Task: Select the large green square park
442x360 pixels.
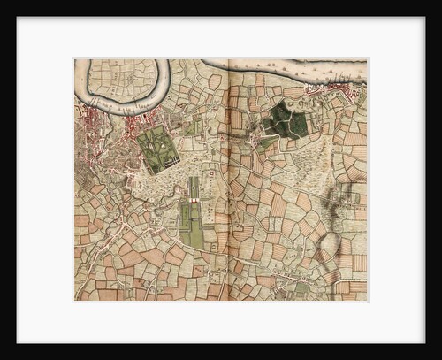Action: (158, 148)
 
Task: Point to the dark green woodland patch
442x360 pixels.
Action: (287, 120)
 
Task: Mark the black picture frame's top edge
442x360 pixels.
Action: (221, 8)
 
